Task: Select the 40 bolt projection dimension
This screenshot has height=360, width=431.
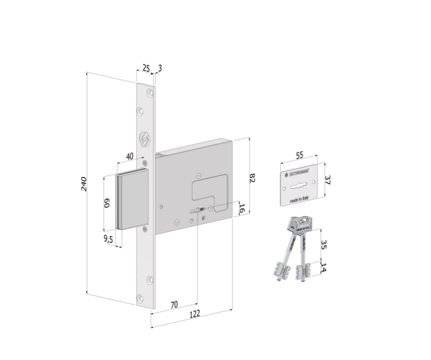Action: pos(130,156)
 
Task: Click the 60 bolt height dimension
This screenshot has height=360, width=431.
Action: pos(107,203)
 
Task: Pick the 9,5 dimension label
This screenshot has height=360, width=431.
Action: pos(107,239)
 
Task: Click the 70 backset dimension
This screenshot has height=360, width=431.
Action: pos(174,304)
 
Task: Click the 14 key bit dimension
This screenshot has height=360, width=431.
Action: pos(324,268)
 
